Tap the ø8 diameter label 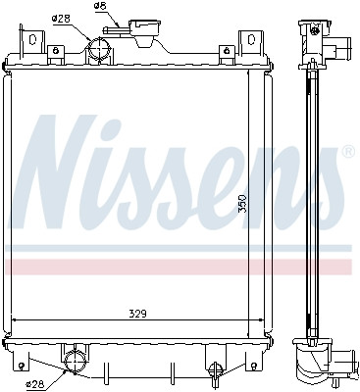click(x=99, y=6)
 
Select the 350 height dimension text click(x=240, y=205)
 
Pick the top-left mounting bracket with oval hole click(x=34, y=43)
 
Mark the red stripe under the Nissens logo click(x=177, y=267)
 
